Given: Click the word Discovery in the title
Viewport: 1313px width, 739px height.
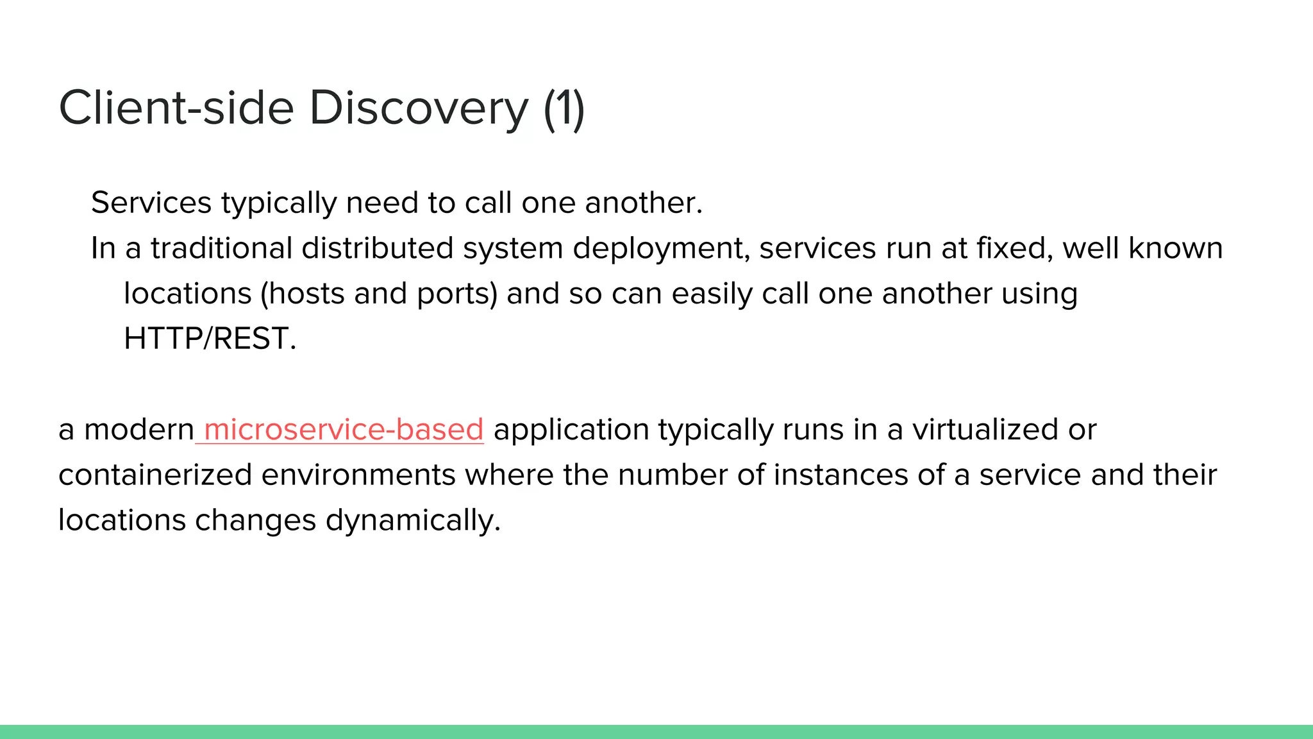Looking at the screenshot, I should [418, 108].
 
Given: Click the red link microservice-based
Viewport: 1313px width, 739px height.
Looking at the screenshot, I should [343, 429].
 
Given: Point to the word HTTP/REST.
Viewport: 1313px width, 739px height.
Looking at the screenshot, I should [210, 338].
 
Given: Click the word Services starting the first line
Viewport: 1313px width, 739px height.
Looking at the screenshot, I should [151, 203].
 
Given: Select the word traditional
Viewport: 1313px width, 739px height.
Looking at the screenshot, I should [221, 248].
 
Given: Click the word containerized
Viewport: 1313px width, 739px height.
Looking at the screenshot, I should [155, 475].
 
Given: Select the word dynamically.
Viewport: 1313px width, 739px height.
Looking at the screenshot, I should [412, 520].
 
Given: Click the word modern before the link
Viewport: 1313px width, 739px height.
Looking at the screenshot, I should [138, 429].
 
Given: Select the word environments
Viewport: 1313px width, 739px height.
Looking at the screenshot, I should [358, 475].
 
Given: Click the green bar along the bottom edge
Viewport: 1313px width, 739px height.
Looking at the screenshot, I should [656, 732].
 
